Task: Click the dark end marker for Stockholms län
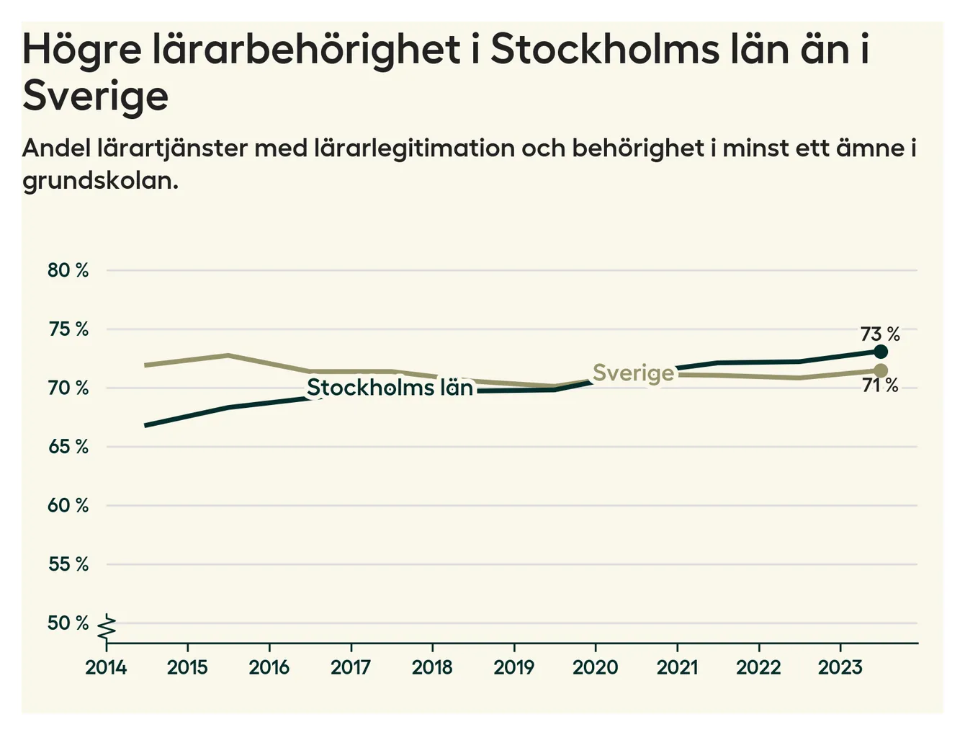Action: coord(880,352)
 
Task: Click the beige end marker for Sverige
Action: coord(880,370)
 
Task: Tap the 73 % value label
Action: coord(880,334)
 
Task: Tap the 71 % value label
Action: coord(880,386)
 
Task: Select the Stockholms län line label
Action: coord(390,388)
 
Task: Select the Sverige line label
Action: coord(633,373)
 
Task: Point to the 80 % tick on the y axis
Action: coord(68,271)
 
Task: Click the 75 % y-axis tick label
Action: coord(68,329)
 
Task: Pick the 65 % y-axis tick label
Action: coord(68,447)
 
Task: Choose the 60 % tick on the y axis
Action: coord(68,505)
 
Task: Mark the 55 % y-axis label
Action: coord(68,564)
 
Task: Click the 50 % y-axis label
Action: coord(68,623)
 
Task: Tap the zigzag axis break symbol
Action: coord(107,627)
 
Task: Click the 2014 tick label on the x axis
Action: coord(106,667)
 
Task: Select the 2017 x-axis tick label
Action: coord(351,667)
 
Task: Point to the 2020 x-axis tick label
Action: coord(596,667)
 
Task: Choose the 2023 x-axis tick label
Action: coord(840,667)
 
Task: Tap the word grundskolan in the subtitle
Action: coord(99,180)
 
